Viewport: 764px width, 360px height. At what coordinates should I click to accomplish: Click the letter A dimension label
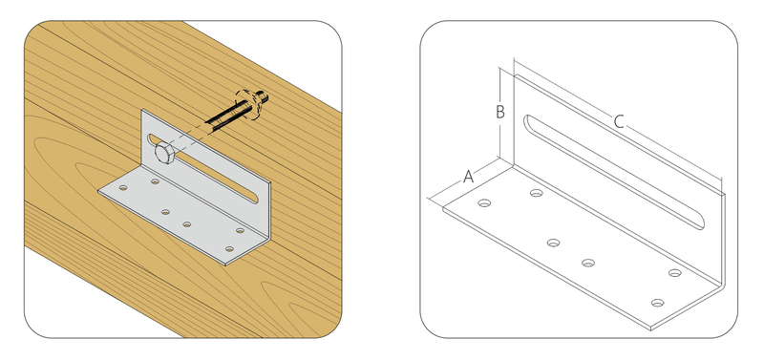tap(468, 177)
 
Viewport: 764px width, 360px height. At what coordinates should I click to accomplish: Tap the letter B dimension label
tap(500, 112)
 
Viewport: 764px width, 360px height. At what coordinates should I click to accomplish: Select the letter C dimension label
tap(618, 121)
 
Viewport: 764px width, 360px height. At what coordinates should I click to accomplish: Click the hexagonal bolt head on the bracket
tap(163, 154)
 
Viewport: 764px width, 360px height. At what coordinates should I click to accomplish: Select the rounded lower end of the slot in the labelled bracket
tap(699, 223)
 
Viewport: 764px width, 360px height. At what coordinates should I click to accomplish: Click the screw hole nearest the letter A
tap(484, 202)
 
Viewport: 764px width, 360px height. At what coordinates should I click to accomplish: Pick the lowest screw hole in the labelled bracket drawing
tap(657, 303)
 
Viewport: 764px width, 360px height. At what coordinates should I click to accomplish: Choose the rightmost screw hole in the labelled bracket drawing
tap(675, 273)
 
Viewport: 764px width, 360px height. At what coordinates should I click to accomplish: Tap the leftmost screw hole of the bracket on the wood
tap(123, 187)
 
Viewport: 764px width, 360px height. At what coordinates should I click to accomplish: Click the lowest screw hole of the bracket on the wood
tap(229, 249)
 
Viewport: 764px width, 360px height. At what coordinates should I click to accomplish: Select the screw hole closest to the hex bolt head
tap(155, 181)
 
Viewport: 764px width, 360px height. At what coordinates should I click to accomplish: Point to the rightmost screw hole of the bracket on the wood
tap(240, 230)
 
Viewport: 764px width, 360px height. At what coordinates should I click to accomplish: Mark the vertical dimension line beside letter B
tap(500, 113)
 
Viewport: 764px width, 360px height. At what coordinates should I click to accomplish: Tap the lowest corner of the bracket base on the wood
tap(224, 265)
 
